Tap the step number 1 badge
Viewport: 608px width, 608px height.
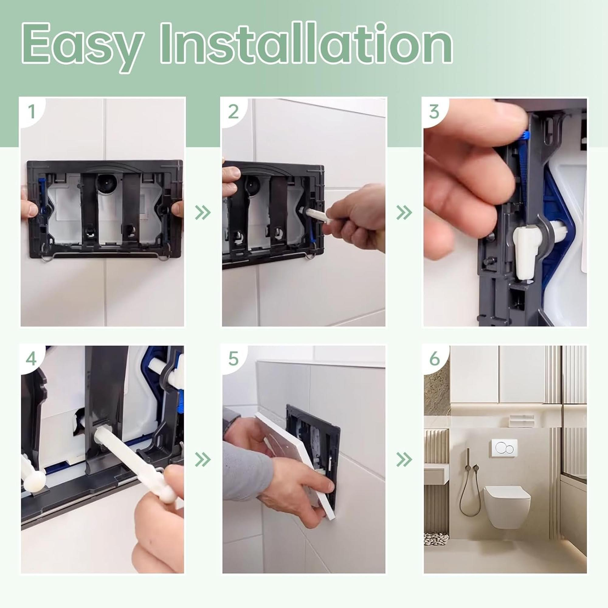(32, 111)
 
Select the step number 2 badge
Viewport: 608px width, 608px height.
(233, 111)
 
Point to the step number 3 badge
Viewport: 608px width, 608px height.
(435, 111)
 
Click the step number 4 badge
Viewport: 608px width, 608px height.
(32, 358)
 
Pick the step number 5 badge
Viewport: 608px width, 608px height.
(233, 358)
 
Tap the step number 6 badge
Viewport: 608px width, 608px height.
(435, 358)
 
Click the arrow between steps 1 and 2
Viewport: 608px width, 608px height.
(203, 213)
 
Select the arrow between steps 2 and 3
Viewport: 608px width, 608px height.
(404, 213)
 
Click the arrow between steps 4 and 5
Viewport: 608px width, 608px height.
(203, 460)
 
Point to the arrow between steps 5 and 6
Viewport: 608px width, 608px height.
(404, 460)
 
